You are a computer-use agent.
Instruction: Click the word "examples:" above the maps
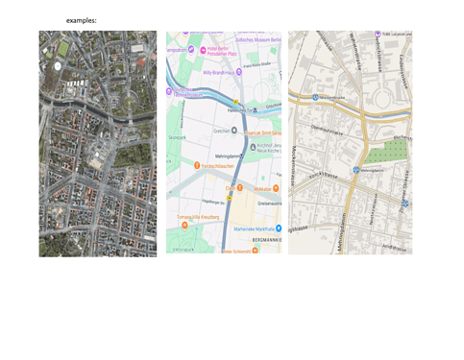coord(82,20)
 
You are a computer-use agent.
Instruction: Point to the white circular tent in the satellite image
coord(58,65)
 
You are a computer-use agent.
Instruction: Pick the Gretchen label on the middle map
coord(221,130)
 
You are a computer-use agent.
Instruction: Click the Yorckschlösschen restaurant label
coord(216,166)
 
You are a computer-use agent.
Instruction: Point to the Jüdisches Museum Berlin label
coord(257,40)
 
